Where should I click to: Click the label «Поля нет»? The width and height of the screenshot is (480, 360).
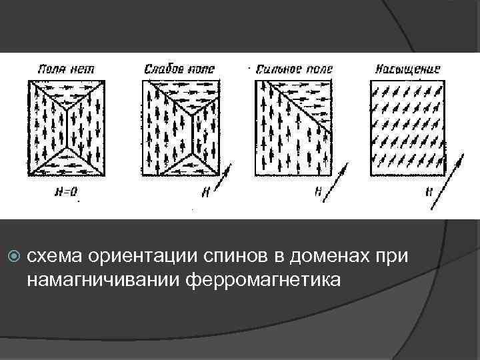click(65, 69)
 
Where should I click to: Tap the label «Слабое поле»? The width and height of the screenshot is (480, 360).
click(175, 69)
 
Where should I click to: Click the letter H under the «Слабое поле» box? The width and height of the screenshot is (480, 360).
click(205, 192)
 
